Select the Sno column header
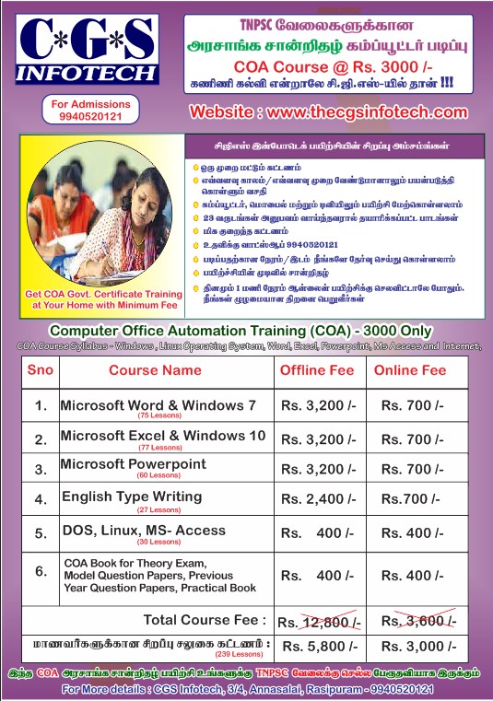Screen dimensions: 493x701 [x=41, y=370]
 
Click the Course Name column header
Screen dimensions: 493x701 [x=155, y=370]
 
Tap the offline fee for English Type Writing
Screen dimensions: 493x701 [x=318, y=498]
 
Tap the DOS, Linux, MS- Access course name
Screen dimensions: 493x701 [x=143, y=532]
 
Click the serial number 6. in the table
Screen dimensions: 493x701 [x=41, y=571]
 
